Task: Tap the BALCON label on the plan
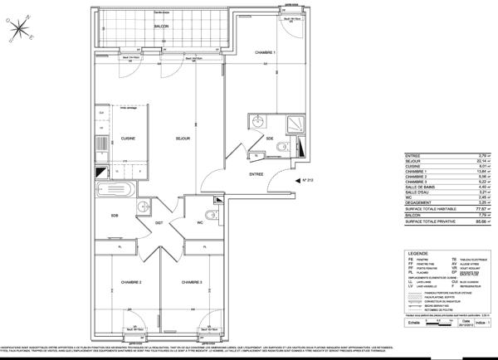click(x=161, y=27)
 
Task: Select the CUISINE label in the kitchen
click(x=128, y=139)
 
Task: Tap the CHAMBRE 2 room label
click(x=129, y=283)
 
